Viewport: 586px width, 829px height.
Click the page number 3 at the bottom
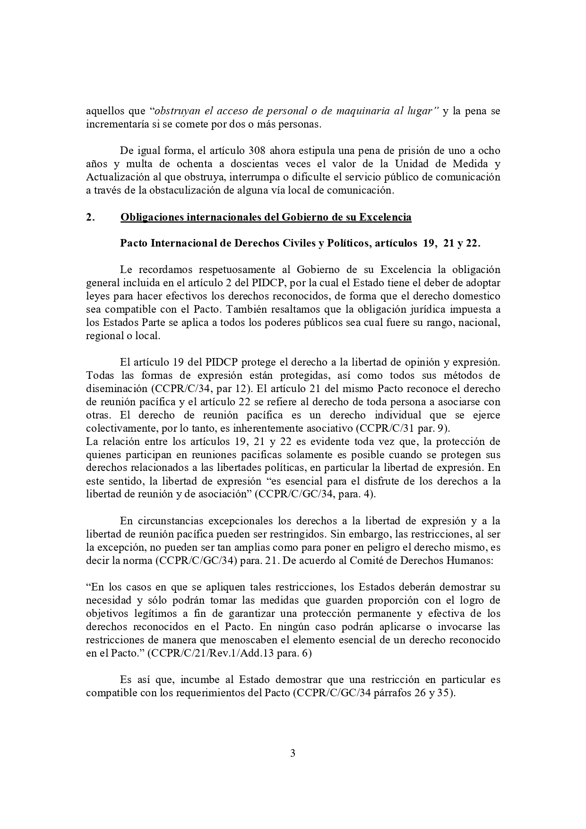tap(293, 753)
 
